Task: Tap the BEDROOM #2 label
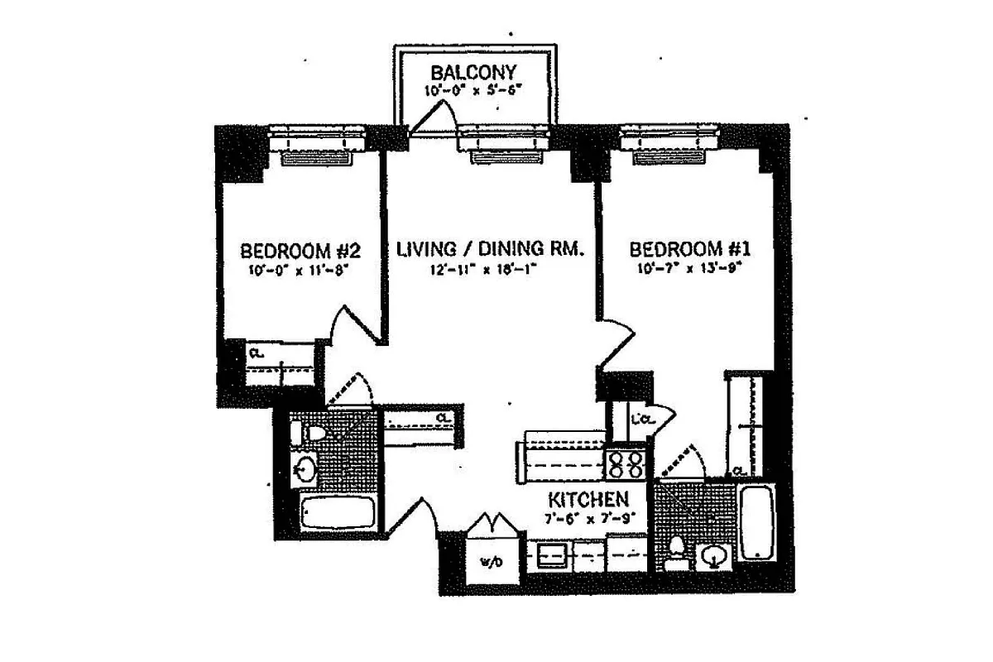tap(298, 250)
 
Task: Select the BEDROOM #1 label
tap(689, 250)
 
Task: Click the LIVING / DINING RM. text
tap(491, 249)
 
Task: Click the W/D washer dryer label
tap(488, 563)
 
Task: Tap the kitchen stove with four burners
tap(627, 463)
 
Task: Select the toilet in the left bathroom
tap(312, 432)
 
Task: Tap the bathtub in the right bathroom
tap(756, 523)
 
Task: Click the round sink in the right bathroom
tap(712, 557)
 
